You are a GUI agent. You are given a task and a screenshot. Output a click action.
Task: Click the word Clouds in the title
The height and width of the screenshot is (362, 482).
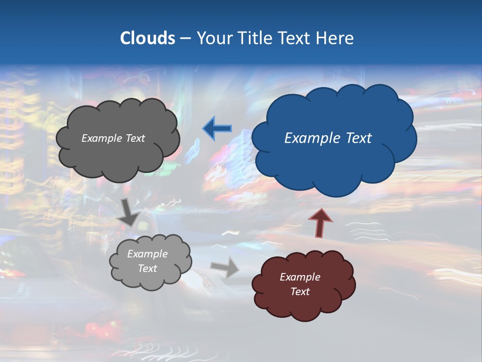147,38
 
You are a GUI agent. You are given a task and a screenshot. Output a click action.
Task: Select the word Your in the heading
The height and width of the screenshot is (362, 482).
215,38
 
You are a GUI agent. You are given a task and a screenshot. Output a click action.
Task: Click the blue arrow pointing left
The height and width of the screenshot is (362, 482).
217,128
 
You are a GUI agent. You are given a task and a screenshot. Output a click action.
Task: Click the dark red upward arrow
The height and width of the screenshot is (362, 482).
320,223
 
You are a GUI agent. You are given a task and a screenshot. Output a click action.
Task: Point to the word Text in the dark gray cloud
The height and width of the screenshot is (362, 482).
135,138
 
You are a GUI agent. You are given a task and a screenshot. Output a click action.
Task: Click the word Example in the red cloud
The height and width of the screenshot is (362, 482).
300,277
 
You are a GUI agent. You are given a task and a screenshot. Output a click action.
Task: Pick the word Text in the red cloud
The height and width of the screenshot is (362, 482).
300,292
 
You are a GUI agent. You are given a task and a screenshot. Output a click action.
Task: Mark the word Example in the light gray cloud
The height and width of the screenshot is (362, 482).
147,254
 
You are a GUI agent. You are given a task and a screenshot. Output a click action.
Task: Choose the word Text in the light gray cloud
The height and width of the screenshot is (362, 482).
147,268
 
